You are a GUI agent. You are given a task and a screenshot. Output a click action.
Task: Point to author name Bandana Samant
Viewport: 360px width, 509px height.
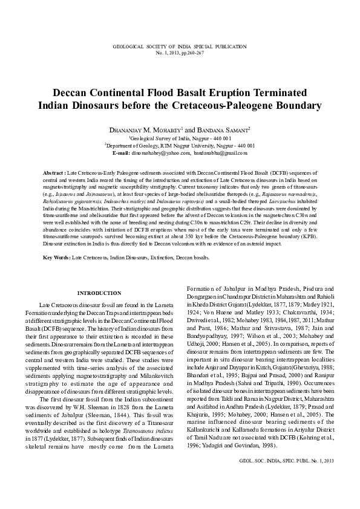tap(227, 130)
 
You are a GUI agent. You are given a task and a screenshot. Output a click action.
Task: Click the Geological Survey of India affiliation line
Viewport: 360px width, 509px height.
tap(180, 138)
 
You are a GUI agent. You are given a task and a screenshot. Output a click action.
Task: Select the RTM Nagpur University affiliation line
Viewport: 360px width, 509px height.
tap(180, 146)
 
